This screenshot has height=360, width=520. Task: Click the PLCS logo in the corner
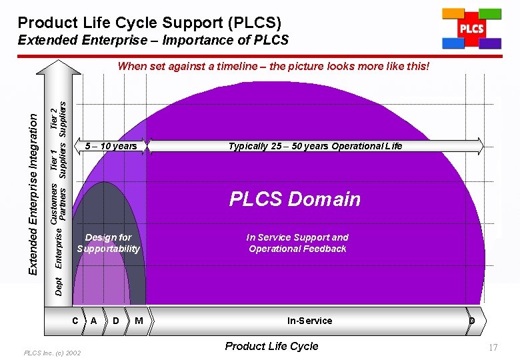471,29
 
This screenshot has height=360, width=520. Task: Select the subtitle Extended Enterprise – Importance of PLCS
153,40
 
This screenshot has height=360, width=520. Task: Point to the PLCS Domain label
295,199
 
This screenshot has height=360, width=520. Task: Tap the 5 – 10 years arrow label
111,146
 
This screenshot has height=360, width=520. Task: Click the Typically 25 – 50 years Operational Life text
315,146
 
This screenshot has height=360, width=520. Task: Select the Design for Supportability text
108,243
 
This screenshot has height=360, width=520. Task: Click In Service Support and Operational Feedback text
297,243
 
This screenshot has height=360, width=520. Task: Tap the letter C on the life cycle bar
75,321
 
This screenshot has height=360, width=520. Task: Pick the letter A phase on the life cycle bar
94,321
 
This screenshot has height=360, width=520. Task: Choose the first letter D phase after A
116,321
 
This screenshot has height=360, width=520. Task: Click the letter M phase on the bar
139,321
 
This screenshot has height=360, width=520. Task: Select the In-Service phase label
309,321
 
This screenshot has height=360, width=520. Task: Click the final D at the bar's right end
471,321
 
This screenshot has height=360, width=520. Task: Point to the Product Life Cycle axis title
271,346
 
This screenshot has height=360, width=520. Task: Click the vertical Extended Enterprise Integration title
32,193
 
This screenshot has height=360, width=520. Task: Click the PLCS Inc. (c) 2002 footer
52,353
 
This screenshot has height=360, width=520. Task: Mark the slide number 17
493,347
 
